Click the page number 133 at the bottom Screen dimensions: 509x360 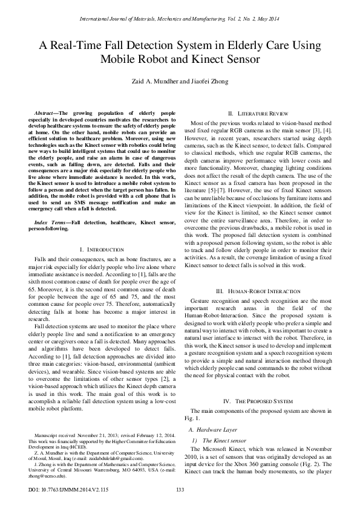coord(180,490)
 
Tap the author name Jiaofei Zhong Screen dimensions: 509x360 coord(205,83)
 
